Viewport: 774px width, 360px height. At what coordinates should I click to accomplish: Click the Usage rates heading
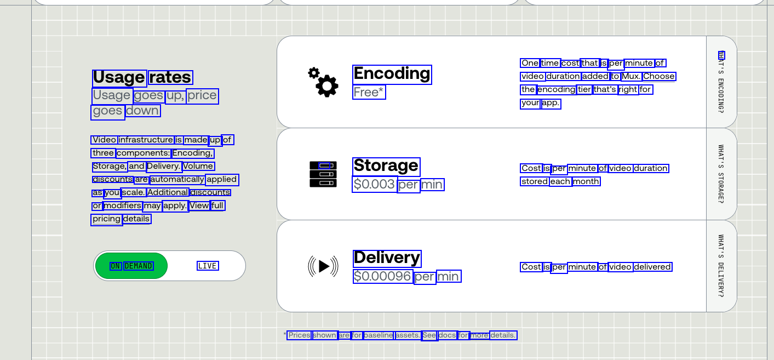(142, 78)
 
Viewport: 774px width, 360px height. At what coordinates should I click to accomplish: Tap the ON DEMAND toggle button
(131, 266)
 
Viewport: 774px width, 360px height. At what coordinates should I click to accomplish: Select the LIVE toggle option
(208, 266)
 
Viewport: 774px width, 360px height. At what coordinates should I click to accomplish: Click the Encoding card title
(392, 74)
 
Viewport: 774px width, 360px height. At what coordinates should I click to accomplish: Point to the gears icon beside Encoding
(323, 83)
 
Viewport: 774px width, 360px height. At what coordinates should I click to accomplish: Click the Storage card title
(386, 166)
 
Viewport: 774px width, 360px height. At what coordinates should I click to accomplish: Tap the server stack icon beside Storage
(323, 174)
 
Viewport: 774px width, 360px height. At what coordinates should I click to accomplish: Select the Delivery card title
(387, 258)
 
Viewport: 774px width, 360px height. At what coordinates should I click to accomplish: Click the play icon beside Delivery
(323, 266)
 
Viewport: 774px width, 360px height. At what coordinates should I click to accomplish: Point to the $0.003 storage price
(374, 185)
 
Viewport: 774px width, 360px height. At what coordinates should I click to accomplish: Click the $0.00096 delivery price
(382, 277)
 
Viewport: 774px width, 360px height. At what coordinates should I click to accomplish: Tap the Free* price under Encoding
(369, 93)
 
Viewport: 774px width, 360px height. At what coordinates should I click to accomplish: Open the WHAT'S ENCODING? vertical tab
(721, 82)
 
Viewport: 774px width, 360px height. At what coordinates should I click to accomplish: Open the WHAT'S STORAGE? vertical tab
(721, 174)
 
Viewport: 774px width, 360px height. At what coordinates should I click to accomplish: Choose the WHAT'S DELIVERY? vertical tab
(721, 266)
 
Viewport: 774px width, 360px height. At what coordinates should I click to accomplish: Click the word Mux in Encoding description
(630, 77)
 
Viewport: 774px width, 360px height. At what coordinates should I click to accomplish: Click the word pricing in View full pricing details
(106, 219)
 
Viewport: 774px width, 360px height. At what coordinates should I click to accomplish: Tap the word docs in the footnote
(447, 335)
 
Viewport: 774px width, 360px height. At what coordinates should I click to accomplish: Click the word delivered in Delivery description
(652, 267)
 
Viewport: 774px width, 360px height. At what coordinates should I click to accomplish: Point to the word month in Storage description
(586, 182)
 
